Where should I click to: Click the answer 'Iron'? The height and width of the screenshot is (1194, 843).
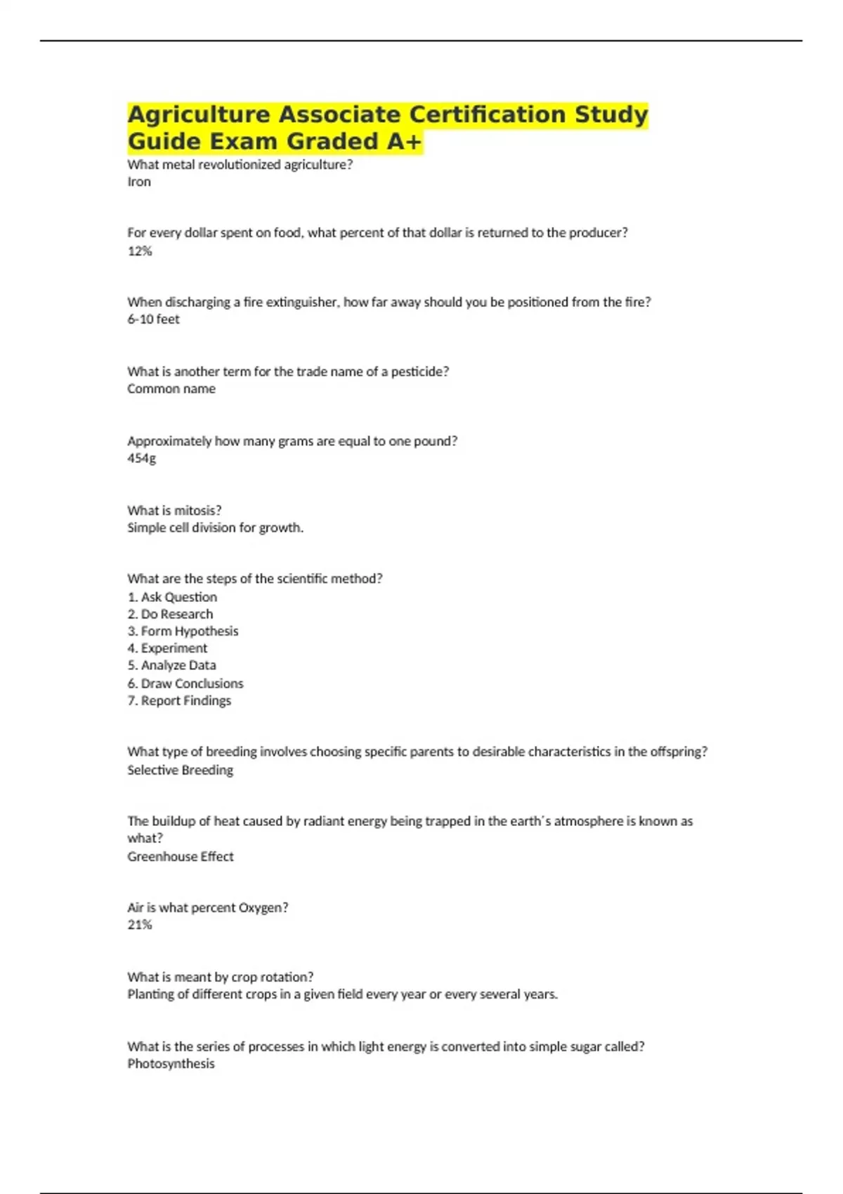pyautogui.click(x=139, y=182)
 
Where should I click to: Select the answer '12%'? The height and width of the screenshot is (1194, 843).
pyautogui.click(x=140, y=251)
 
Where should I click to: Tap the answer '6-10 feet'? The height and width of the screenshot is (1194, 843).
pyautogui.click(x=153, y=319)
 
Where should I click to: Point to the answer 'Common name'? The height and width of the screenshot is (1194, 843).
pyautogui.click(x=171, y=388)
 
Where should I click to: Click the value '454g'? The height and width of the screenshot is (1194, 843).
pyautogui.click(x=141, y=458)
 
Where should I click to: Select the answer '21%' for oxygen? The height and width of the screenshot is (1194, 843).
pyautogui.click(x=140, y=924)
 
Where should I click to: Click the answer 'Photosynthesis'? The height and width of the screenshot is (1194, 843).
pyautogui.click(x=171, y=1063)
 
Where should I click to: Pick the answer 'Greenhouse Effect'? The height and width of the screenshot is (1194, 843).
pyautogui.click(x=181, y=856)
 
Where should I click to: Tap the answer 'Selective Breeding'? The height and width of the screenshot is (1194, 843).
pyautogui.click(x=180, y=770)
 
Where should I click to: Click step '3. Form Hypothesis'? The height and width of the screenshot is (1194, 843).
pyautogui.click(x=183, y=631)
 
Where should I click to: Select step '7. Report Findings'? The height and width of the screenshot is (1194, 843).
pyautogui.click(x=179, y=700)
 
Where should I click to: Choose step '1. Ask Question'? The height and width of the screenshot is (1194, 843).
pyautogui.click(x=172, y=597)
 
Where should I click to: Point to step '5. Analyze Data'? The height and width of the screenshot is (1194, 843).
pyautogui.click(x=171, y=665)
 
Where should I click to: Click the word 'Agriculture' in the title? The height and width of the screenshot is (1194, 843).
pyautogui.click(x=199, y=114)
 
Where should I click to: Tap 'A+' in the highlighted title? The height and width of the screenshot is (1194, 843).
pyautogui.click(x=403, y=141)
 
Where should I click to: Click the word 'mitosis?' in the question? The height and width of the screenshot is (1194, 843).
pyautogui.click(x=197, y=511)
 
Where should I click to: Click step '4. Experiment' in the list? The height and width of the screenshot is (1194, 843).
pyautogui.click(x=167, y=648)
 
